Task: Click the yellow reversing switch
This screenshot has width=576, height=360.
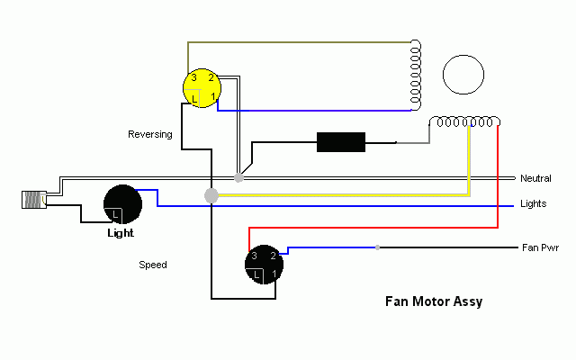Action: point(202,88)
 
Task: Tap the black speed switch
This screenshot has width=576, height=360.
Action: point(264,265)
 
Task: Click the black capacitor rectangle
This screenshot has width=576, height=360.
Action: point(341,142)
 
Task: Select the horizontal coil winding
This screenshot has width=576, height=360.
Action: point(465,121)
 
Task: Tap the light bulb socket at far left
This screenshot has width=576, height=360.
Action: point(33,201)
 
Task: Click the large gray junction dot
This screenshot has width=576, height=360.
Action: point(211,195)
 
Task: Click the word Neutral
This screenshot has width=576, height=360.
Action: point(536,179)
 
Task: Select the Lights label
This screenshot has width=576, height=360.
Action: point(534,204)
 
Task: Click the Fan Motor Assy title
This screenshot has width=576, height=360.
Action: point(433,301)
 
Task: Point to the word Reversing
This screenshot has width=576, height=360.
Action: point(149,134)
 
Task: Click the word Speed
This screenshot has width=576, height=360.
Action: point(152,265)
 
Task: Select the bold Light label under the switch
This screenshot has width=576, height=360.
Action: point(121,233)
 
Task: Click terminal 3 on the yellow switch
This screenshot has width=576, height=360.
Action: point(193,79)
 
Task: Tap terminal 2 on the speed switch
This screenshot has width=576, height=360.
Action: point(273,256)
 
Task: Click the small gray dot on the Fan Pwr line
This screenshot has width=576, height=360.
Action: point(378,247)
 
